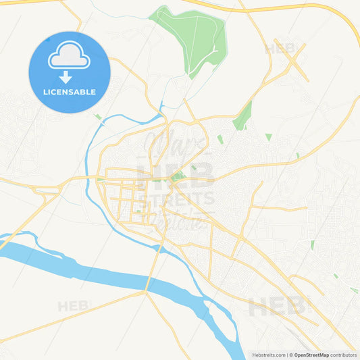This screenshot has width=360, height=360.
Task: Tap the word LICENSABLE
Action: [70, 92]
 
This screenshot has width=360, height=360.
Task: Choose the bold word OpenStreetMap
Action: [311, 355]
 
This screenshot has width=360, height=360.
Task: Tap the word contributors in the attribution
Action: [343, 355]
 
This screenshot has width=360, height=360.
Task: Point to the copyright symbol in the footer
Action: [290, 355]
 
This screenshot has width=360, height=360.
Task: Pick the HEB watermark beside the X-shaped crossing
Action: [279, 49]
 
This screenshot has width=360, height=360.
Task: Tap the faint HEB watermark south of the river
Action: [74, 306]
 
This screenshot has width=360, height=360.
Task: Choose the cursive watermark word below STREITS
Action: [177, 217]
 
